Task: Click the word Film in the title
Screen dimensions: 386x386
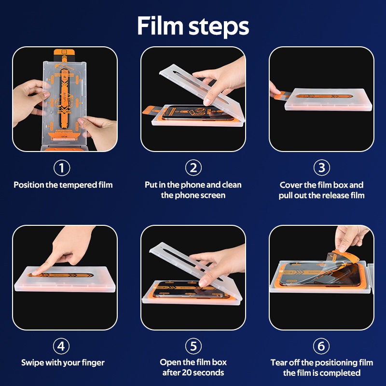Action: [x=160, y=26]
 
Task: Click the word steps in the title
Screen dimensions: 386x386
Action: [x=219, y=27]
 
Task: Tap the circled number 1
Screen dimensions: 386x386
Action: [x=62, y=168]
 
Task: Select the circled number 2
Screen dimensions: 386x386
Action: [x=193, y=168]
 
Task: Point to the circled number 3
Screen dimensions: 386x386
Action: [x=321, y=168]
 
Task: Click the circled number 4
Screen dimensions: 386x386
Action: [x=61, y=346]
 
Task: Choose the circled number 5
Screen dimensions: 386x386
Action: [x=193, y=346]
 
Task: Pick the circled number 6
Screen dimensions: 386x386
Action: [x=321, y=346]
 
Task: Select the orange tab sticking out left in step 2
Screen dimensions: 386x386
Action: [x=150, y=110]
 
